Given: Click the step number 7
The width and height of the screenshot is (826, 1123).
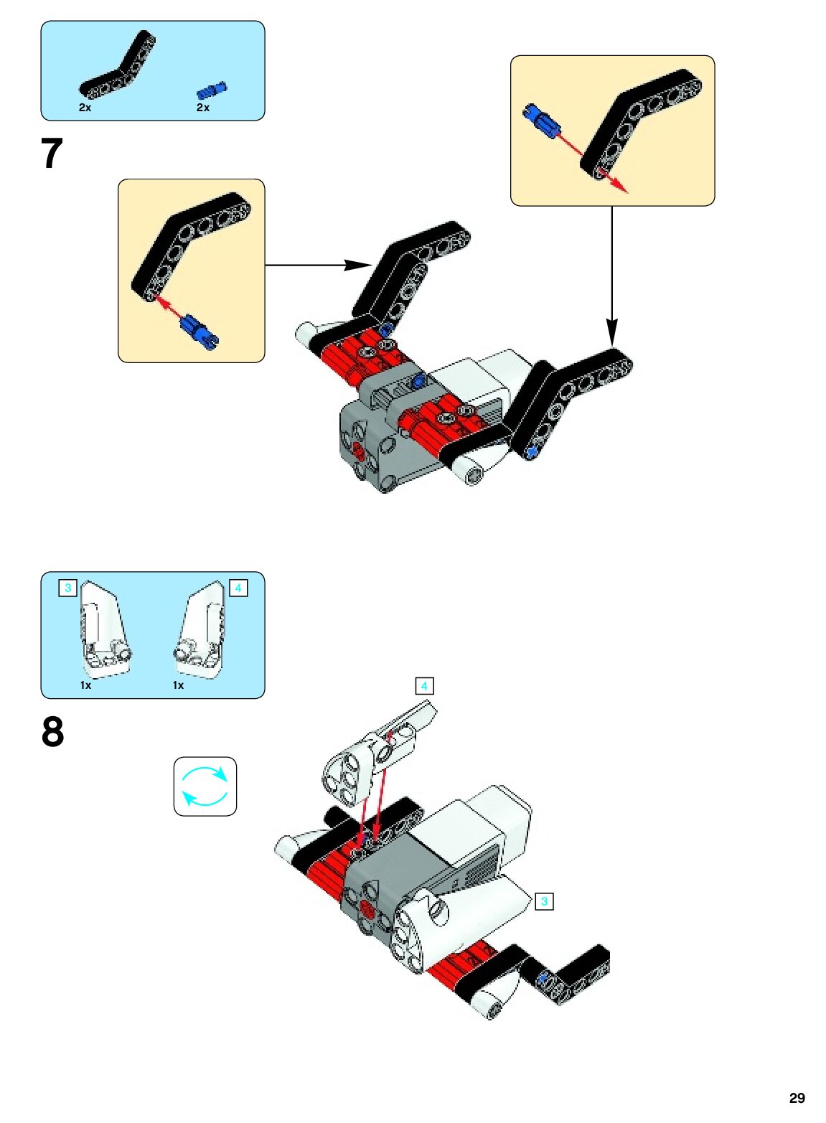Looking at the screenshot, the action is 52,154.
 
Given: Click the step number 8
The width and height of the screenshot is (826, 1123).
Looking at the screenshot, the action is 52,732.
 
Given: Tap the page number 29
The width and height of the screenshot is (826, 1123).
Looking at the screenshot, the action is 797,1098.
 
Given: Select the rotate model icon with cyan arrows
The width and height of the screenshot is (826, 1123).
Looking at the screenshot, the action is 205,786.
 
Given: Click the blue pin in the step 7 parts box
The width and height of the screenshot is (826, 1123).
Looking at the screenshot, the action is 212,90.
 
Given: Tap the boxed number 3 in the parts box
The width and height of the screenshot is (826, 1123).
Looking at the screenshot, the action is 67,588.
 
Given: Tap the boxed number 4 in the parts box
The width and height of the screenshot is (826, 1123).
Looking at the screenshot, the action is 238,588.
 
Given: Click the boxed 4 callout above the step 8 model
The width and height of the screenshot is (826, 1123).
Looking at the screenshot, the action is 424,686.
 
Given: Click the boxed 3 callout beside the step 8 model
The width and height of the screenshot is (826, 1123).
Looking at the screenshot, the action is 545,901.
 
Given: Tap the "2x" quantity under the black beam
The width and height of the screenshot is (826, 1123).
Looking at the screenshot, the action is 85,108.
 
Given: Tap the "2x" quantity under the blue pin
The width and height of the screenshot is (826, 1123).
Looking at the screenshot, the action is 203,108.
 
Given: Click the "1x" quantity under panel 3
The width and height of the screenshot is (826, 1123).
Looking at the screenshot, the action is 85,685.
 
